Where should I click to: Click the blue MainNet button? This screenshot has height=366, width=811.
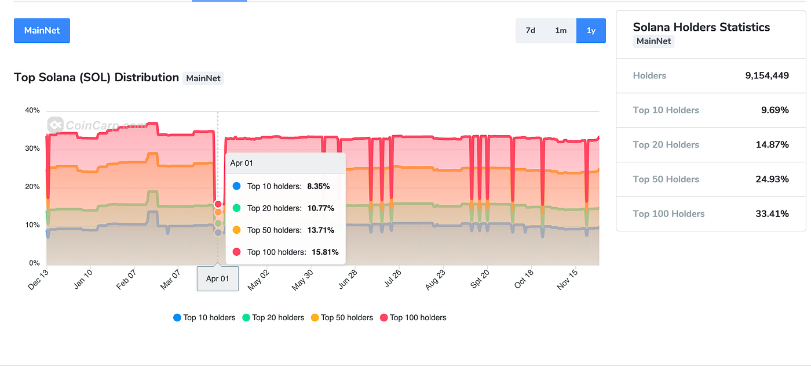42,31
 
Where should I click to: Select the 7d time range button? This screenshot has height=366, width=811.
530,31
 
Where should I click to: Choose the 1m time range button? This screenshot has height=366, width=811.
561,31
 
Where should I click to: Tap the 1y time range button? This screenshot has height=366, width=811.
591,31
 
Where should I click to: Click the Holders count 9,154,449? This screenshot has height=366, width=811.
767,75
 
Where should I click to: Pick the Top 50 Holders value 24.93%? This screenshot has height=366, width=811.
772,179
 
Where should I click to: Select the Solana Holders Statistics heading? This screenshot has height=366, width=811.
701,27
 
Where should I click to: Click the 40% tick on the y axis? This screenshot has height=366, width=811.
32,110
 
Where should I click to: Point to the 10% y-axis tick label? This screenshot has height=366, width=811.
32,225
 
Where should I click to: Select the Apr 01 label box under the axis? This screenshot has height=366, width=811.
218,279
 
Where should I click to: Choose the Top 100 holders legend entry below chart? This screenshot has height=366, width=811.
413,318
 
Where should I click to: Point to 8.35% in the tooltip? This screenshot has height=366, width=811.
318,186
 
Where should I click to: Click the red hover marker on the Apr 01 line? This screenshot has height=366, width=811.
218,204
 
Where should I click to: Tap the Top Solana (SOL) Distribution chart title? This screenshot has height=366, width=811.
96,78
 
